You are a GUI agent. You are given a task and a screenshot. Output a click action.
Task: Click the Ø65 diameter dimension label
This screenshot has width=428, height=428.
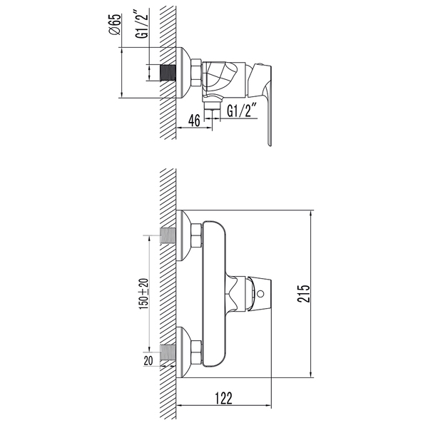point(114,24)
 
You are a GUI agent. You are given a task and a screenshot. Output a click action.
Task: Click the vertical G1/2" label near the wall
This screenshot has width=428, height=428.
point(143,24)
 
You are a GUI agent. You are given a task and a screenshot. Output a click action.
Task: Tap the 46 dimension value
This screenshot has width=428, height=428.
point(194,120)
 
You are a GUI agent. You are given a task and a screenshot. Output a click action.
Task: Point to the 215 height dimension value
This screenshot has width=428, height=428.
point(304,293)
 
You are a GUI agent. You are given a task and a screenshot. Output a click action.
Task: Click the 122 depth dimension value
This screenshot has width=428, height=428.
point(223,398)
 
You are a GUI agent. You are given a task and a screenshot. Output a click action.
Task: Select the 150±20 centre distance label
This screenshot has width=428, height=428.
point(143,294)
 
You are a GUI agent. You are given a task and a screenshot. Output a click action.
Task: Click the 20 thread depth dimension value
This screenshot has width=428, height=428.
point(148,360)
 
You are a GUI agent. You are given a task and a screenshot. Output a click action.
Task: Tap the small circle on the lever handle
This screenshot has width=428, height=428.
point(260,294)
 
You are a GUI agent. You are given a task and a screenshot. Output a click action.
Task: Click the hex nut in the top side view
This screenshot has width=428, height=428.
point(196,73)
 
